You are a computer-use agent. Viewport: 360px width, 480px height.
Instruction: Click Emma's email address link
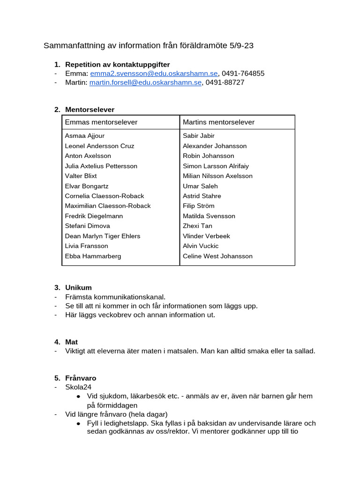click(154, 74)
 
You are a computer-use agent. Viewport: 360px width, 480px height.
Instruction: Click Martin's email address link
click(145, 82)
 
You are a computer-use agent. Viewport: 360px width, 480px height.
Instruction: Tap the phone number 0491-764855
click(243, 74)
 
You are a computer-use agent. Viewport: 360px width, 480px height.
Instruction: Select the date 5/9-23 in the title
click(242, 46)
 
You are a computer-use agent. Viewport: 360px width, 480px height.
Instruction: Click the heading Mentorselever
click(90, 110)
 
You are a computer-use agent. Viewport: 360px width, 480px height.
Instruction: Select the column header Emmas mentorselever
click(101, 122)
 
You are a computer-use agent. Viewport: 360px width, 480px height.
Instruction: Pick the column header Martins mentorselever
click(218, 122)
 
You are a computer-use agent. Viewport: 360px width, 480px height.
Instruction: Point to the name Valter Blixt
click(81, 176)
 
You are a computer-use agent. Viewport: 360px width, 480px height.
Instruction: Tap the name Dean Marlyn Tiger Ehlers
click(102, 236)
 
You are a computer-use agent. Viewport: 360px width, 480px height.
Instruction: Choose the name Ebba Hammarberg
click(93, 256)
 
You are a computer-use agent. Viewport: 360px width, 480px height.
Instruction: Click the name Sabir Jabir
click(199, 136)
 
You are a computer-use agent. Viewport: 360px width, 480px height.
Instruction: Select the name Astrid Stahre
click(202, 196)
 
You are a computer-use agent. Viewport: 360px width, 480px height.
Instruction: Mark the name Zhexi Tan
click(197, 226)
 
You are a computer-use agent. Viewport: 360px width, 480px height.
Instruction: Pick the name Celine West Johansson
click(217, 256)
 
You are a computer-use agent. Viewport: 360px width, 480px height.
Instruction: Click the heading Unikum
click(78, 288)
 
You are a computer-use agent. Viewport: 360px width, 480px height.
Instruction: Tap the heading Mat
click(71, 342)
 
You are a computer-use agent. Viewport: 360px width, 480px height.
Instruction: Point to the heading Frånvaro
click(81, 378)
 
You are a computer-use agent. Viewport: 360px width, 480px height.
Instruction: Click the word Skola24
click(78, 387)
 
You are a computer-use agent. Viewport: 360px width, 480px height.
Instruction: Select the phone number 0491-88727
click(225, 82)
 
